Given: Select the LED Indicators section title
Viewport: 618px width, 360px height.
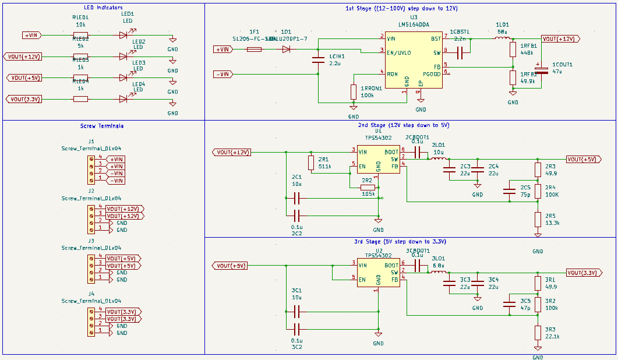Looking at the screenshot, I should click(103, 8).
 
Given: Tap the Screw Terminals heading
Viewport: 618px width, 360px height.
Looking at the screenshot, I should click(101, 126).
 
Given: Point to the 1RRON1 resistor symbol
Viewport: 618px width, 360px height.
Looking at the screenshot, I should click(354, 91).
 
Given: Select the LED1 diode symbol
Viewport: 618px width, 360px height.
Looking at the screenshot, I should click(123, 35).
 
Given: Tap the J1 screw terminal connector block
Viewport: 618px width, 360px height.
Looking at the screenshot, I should click(91, 170).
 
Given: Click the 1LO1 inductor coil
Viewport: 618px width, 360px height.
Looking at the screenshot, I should click(502, 39).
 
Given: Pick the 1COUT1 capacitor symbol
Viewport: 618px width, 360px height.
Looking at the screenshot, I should click(542, 70).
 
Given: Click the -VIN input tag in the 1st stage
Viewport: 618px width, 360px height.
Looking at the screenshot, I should click(224, 74).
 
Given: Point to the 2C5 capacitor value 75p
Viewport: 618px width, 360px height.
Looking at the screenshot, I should click(525, 195).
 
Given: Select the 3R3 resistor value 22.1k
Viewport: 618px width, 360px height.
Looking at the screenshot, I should click(552, 336).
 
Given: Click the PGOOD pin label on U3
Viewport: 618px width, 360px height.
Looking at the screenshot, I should click(432, 73).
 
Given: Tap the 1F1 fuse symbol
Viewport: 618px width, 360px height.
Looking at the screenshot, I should click(254, 50).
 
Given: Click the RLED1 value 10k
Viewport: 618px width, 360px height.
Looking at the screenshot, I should click(80, 24).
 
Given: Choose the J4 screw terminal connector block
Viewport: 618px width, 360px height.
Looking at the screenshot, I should click(91, 322).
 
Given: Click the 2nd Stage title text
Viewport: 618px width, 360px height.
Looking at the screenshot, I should click(403, 125).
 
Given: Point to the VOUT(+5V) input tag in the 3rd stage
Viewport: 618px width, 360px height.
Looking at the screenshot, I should click(231, 266).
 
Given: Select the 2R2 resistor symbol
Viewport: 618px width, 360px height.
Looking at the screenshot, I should click(368, 188).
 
